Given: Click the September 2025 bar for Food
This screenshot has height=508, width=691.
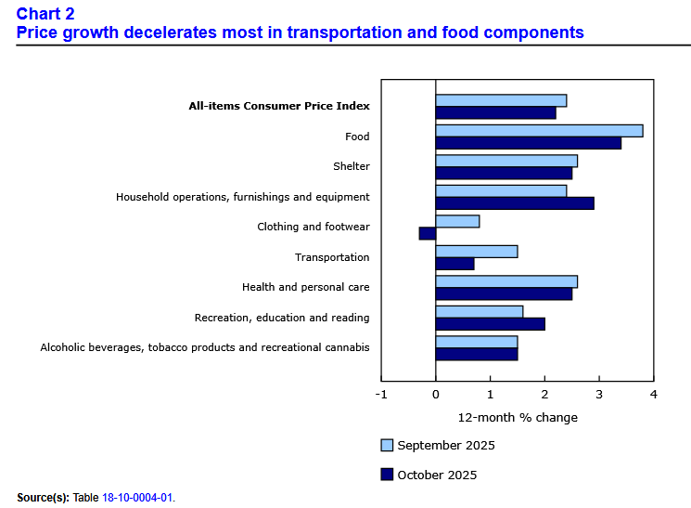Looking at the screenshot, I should (x=539, y=131).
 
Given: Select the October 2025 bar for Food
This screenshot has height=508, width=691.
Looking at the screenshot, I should (x=528, y=143).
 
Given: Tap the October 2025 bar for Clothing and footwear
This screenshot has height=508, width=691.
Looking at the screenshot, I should (x=428, y=233).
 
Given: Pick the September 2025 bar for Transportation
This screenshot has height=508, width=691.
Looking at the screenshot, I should (x=476, y=252).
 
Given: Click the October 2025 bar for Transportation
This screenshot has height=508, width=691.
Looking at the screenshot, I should (x=454, y=264).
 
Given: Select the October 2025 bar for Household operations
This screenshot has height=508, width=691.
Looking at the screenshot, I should (x=514, y=203).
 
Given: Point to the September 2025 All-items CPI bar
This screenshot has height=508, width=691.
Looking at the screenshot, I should (x=501, y=100).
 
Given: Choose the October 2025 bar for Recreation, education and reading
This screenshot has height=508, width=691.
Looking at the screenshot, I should (x=490, y=324).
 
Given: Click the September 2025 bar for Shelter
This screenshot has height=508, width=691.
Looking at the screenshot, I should (x=506, y=161).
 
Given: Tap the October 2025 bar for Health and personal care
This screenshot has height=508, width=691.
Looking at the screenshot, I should (x=504, y=293).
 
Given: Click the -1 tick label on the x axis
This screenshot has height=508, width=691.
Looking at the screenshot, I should (x=380, y=395).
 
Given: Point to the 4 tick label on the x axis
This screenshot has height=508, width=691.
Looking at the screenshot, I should (x=654, y=395).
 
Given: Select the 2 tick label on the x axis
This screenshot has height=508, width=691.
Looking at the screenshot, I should (x=544, y=395).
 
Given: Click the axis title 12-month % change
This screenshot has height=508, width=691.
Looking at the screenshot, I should (x=518, y=417).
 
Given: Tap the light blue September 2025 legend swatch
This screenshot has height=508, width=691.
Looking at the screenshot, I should (x=387, y=445).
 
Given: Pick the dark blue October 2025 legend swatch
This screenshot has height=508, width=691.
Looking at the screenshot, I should (x=387, y=475).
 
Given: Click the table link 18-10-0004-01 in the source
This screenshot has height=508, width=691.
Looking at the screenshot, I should (x=137, y=498).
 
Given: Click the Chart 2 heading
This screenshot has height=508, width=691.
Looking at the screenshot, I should (x=45, y=13).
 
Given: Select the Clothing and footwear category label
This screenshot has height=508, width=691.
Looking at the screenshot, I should (x=314, y=227).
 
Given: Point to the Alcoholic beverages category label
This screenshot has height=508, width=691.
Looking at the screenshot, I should (x=205, y=347).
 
